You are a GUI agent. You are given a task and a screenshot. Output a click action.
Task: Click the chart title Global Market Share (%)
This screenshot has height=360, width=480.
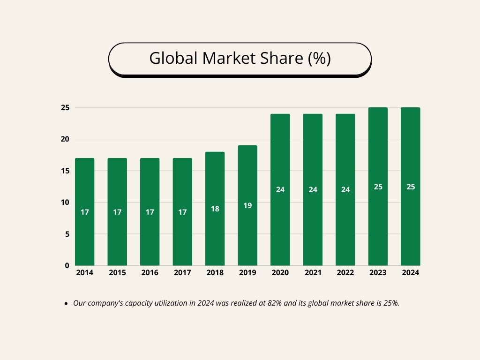coord(240,59)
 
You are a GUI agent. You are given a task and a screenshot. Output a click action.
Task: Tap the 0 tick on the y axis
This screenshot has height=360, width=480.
coord(67,266)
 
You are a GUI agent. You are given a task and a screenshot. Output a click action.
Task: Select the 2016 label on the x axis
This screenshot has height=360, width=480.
coord(150,273)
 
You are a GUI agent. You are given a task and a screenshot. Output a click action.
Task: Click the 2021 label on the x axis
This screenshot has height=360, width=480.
coord(313,273)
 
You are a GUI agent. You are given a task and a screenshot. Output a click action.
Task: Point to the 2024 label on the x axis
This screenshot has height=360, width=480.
coord(411,273)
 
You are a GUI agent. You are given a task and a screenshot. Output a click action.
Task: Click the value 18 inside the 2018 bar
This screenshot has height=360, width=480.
coord(215,209)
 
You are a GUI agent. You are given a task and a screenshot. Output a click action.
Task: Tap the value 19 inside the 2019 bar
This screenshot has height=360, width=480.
coord(247,206)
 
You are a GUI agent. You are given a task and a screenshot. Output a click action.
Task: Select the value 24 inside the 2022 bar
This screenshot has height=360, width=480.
coord(345,190)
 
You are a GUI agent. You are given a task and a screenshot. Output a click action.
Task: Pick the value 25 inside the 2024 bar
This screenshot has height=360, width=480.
coord(411,187)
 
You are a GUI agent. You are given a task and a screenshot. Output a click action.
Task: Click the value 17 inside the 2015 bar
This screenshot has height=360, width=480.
coord(117,212)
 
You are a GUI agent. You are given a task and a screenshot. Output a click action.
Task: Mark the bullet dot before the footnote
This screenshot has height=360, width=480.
coord(66,304)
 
